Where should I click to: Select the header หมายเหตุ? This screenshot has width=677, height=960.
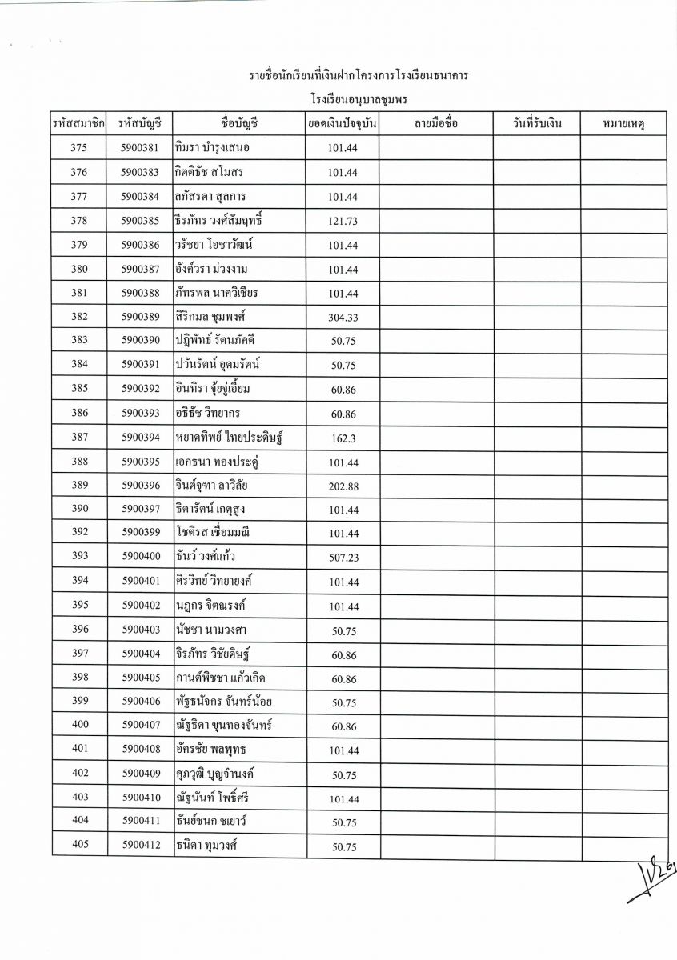pos(623,124)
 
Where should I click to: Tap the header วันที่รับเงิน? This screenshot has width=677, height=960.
pos(535,124)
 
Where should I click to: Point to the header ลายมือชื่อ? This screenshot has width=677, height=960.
pos(436,124)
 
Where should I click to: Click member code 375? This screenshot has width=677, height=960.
pos(79,148)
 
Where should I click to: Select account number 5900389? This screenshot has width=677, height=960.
pos(141,317)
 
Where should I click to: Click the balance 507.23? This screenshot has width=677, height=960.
pos(343,558)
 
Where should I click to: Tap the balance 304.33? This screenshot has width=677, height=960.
pos(343,318)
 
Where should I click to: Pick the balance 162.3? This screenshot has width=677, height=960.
pos(343,438)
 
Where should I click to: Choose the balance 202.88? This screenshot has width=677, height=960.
pos(343,486)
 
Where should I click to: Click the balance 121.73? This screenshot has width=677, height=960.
pos(343,221)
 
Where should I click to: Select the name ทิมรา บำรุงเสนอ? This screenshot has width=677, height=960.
pos(214,148)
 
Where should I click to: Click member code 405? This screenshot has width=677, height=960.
pos(79,846)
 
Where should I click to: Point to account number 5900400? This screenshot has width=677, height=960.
pos(141,557)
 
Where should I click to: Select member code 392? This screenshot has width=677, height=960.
pos(79,533)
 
